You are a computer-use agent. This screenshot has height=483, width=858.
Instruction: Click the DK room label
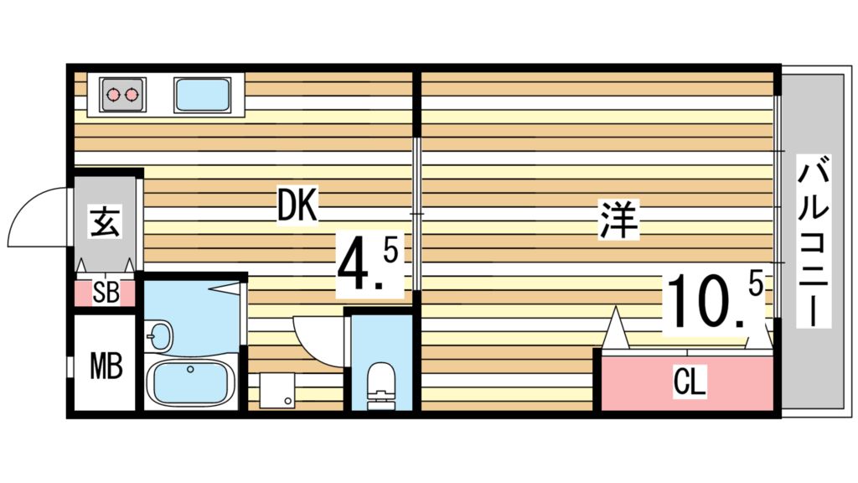pyautogui.click(x=297, y=205)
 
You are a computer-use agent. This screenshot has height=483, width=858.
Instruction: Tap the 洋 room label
pyautogui.click(x=619, y=219)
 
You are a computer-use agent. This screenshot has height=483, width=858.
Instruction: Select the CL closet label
pyautogui.click(x=690, y=384)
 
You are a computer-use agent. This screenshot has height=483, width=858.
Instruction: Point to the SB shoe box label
pyautogui.click(x=105, y=293)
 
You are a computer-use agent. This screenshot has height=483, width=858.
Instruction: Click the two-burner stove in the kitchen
pyautogui.click(x=122, y=95)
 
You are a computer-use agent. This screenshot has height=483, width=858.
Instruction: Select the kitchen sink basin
pyautogui.click(x=203, y=95)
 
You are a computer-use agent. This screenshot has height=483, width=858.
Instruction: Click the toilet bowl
pyautogui.click(x=381, y=382)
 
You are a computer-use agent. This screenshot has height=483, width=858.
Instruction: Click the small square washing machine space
pyautogui.click(x=277, y=390)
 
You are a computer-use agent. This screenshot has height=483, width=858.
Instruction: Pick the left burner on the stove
pyautogui.click(x=113, y=95)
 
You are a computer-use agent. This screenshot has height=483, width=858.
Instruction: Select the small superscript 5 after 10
pyautogui.click(x=754, y=286)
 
